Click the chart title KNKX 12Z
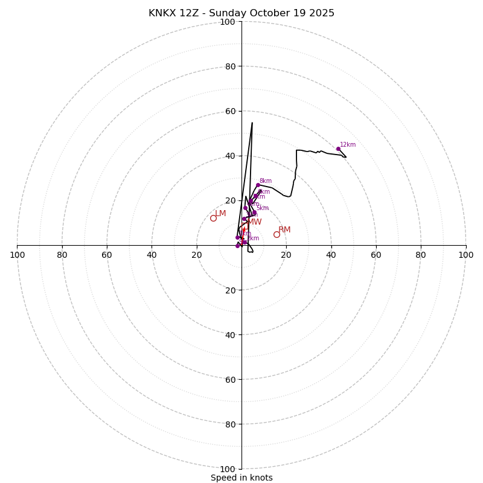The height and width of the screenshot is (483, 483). [241, 13]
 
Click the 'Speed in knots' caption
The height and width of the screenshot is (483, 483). [241, 478]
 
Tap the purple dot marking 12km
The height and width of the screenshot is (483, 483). [338, 149]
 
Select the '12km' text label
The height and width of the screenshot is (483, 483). [348, 145]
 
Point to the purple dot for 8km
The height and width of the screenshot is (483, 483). [258, 185]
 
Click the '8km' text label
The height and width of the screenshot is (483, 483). [266, 181]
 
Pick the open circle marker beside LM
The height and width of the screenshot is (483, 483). [213, 218]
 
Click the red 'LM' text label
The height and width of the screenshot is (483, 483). [221, 214]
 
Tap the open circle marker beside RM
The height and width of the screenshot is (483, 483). [277, 234]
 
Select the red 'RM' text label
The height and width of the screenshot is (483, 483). [284, 230]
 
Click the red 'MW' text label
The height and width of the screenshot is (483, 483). [255, 222]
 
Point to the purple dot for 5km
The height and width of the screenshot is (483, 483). [254, 213]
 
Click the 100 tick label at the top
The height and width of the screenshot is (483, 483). [228, 22]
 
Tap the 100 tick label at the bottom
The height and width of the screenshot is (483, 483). [228, 469]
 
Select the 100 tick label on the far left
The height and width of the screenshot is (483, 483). [18, 255]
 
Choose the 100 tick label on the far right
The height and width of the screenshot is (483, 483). [465, 255]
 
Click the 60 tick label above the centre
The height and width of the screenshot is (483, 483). [230, 111]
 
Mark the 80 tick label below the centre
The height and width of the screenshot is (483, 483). [230, 424]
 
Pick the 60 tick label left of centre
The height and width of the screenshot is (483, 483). [107, 255]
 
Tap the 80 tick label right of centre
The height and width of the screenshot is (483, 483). [421, 255]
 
